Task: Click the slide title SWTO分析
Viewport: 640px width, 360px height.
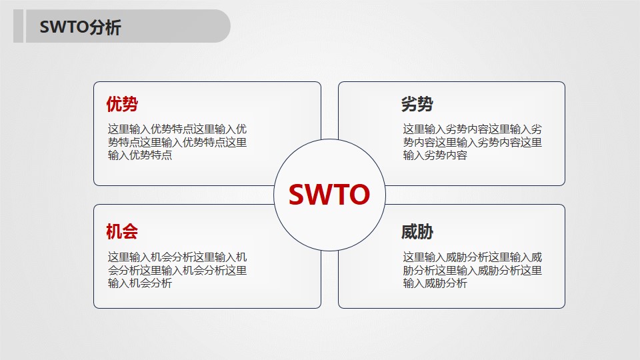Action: pos(80,27)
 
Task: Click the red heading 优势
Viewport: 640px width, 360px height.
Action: pos(122,105)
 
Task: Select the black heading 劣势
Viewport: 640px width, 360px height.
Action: pos(417,105)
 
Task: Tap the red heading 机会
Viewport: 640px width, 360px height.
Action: pos(122,232)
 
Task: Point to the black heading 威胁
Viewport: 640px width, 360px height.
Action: pos(417,232)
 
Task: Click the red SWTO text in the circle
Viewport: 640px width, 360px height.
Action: pos(329,195)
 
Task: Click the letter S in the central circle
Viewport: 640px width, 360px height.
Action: pos(297,195)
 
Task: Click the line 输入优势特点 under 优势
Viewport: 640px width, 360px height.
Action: pos(140,155)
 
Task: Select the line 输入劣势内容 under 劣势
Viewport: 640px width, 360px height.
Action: pos(435,155)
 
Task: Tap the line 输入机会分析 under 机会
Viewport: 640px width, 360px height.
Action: pos(140,283)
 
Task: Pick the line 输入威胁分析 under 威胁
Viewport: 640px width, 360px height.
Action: pos(435,283)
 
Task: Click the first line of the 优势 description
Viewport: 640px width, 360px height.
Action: pos(177,129)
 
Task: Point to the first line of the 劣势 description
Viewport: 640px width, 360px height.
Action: pos(472,129)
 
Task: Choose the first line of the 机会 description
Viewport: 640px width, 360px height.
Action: pos(177,257)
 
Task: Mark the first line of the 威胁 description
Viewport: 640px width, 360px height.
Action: pos(472,257)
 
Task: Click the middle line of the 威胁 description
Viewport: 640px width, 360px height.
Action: pos(472,271)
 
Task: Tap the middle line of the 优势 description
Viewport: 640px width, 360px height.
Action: pos(177,143)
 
